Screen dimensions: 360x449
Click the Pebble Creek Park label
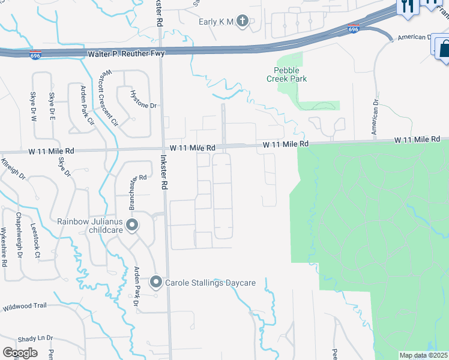pos(286,74)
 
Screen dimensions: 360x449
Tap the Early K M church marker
pos(242,22)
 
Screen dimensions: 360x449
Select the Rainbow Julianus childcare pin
pos(133,226)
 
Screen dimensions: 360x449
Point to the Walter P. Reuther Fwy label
pos(126,53)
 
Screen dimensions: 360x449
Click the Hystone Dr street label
pos(144,106)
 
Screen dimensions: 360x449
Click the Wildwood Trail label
pos(25,306)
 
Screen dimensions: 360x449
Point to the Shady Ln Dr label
pos(35,338)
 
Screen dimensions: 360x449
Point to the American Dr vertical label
pos(375,117)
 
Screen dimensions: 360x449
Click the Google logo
pos(20,352)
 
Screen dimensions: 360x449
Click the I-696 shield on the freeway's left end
pos(35,55)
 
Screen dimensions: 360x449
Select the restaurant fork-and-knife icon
pos(408,5)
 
